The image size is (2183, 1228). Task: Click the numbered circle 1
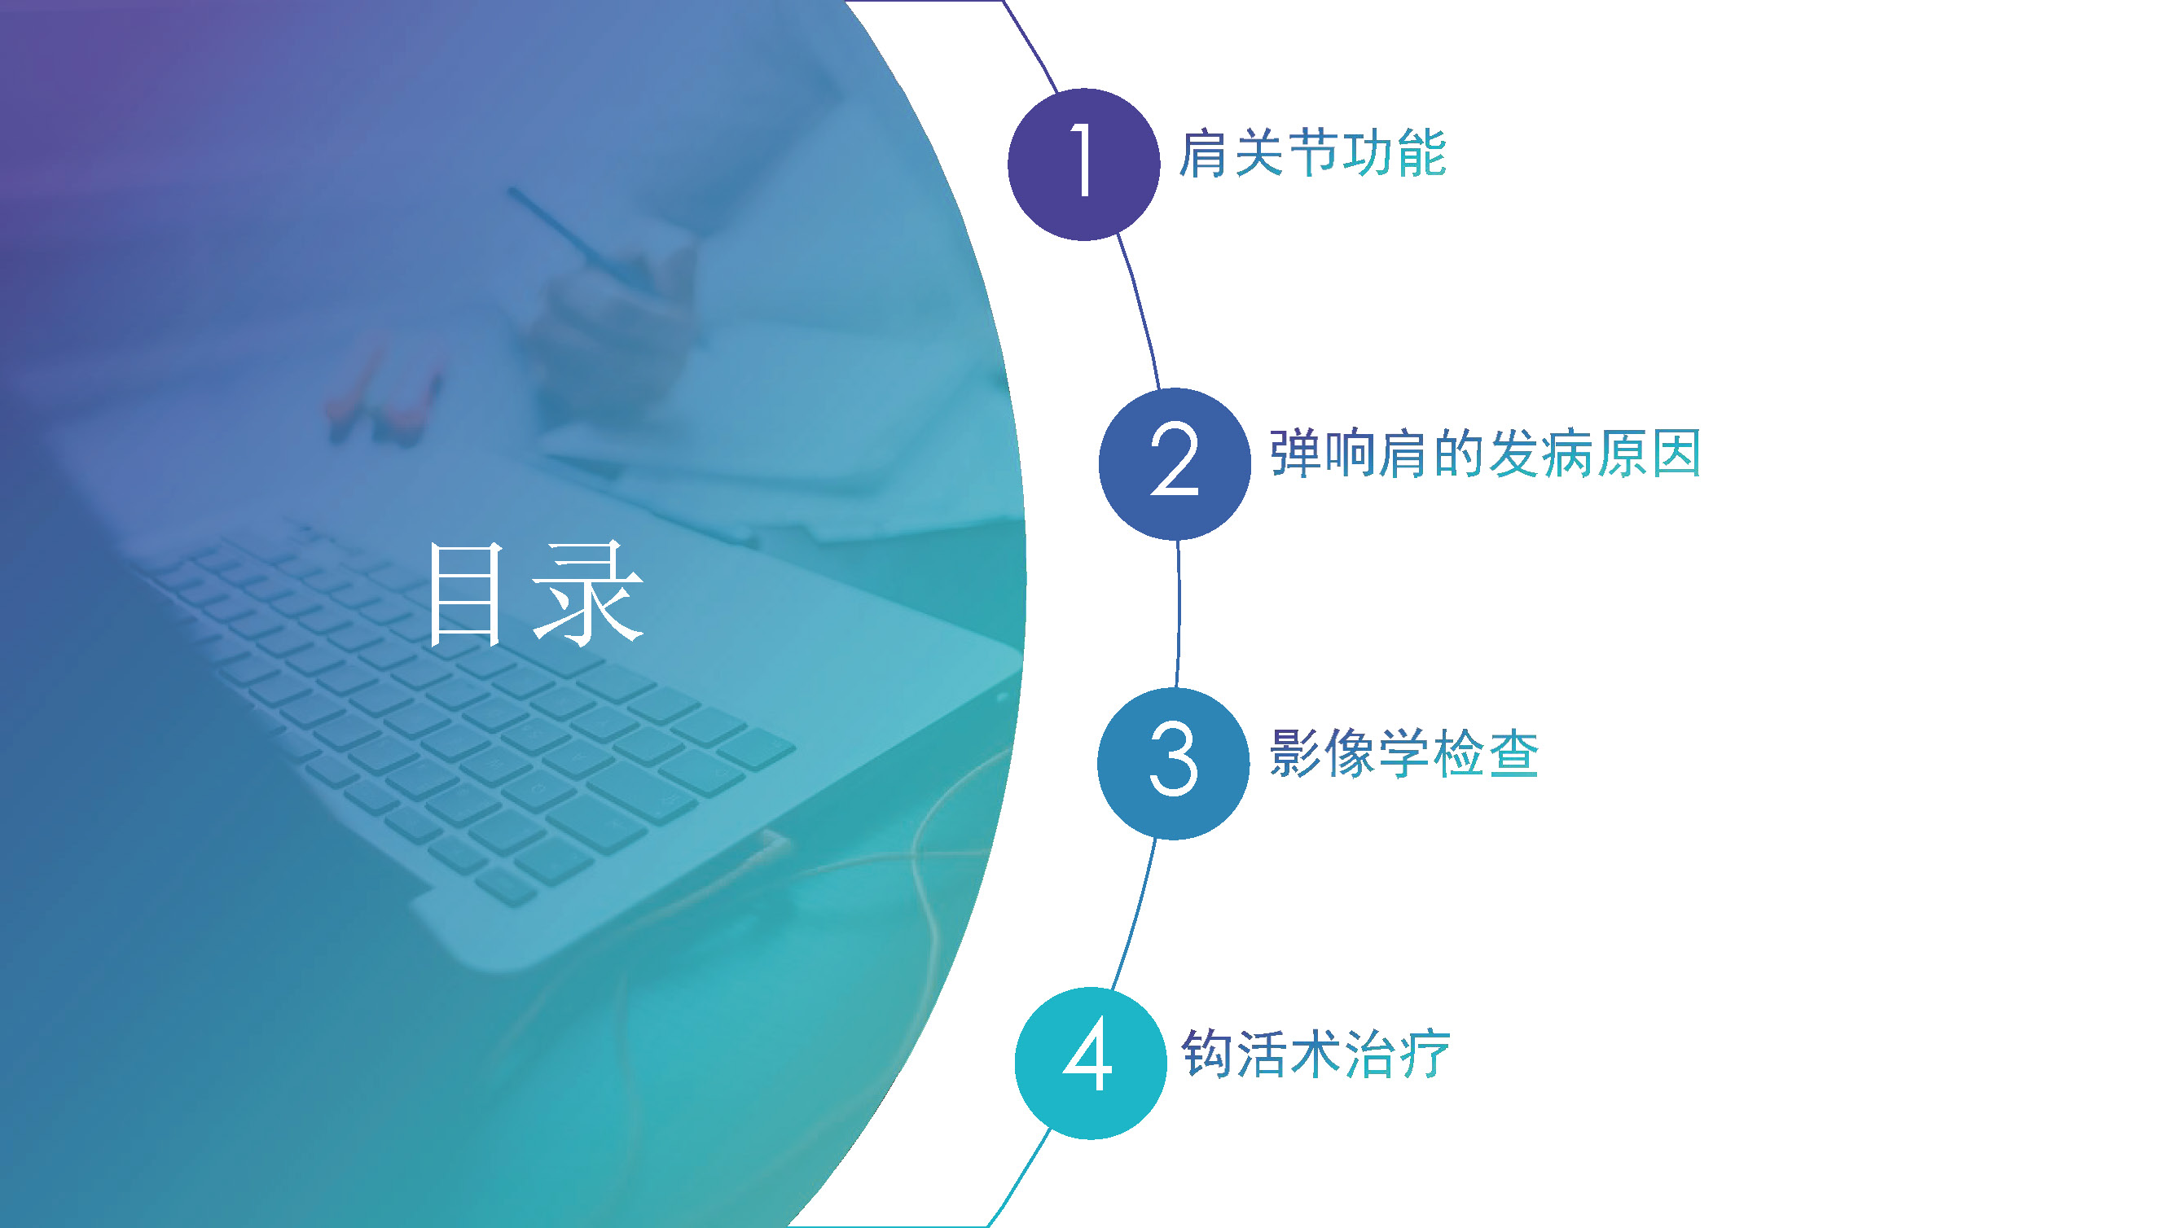tap(1083, 164)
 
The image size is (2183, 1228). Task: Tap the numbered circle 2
tap(1175, 463)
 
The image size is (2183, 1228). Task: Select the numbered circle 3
tap(1173, 764)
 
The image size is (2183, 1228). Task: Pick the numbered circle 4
tap(1090, 1063)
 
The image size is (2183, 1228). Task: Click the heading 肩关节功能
tap(1311, 153)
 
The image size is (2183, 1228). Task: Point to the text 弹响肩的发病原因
tap(1485, 454)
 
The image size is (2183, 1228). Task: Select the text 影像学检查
tap(1403, 752)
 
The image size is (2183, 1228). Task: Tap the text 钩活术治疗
tap(1316, 1054)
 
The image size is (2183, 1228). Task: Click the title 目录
tap(536, 594)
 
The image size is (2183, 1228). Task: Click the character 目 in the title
tap(465, 594)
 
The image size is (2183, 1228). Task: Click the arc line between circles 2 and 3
tap(1178, 615)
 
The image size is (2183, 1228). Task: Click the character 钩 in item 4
tap(1206, 1054)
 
